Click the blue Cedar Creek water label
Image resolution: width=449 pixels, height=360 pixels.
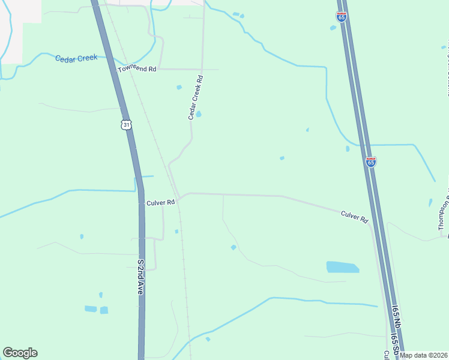point(76,58)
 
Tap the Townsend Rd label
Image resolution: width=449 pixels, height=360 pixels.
point(137,70)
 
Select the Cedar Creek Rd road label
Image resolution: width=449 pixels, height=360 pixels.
point(196,97)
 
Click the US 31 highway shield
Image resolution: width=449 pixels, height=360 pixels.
point(125,124)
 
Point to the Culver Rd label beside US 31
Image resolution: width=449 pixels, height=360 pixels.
point(160,203)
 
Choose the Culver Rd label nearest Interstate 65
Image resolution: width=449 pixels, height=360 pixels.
point(354,217)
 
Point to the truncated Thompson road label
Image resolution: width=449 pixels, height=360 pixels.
point(443,213)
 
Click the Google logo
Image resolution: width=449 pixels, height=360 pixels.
point(20,353)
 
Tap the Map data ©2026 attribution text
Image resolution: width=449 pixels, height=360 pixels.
point(423,355)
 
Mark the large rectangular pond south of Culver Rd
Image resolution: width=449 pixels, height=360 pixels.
point(342,267)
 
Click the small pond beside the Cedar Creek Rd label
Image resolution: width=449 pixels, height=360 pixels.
point(199,114)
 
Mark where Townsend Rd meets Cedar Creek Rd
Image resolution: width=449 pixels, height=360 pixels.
point(202,70)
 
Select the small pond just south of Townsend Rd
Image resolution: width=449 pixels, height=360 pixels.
point(179,88)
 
